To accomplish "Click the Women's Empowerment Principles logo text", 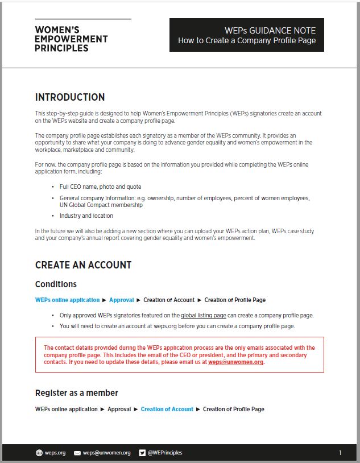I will point(71,39).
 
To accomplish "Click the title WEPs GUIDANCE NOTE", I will point(270,30).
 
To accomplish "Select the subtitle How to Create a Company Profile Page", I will point(246,40).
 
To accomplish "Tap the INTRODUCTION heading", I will point(70,97).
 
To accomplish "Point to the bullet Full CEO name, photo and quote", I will point(100,187).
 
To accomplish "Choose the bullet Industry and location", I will point(86,216).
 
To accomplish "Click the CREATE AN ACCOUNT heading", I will point(83,265).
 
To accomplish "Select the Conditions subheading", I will point(56,284).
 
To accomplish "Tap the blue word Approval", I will point(121,300).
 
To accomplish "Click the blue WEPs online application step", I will point(67,300).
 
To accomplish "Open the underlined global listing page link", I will point(203,315).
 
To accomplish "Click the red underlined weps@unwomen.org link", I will point(235,362).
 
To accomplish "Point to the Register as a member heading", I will point(77,393).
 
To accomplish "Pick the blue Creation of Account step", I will point(167,409).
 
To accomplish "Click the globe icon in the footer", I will point(39,453).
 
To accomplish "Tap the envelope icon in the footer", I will point(77,453).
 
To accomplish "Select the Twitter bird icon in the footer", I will point(142,453).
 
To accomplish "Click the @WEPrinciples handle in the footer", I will point(165,453).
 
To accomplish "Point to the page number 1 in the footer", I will point(340,453).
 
